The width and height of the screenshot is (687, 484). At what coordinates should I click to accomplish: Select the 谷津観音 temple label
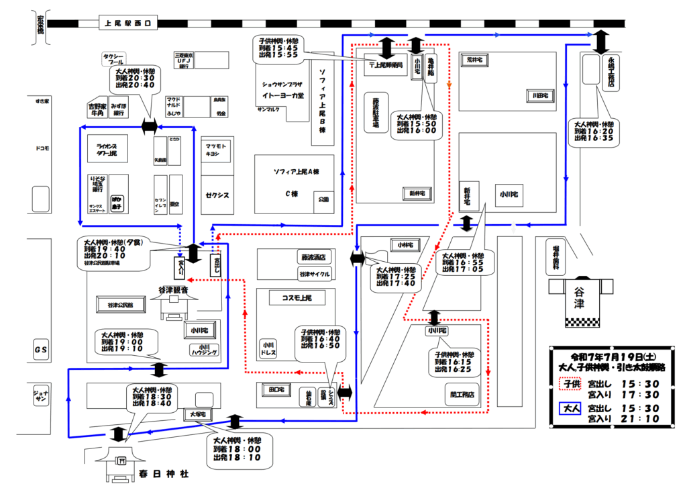pyautogui.click(x=173, y=290)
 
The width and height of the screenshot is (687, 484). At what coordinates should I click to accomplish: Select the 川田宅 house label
pyautogui.click(x=540, y=96)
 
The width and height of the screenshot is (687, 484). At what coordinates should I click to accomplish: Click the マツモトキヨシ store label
pyautogui.click(x=216, y=149)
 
